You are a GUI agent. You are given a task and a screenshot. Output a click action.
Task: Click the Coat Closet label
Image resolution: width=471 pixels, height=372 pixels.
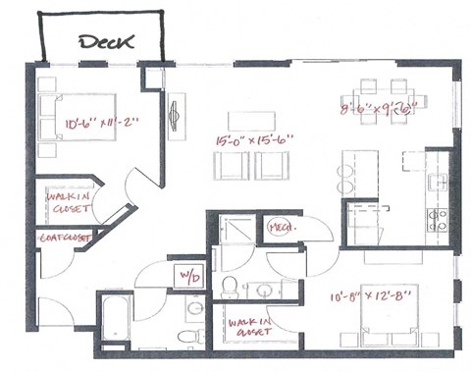64,239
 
